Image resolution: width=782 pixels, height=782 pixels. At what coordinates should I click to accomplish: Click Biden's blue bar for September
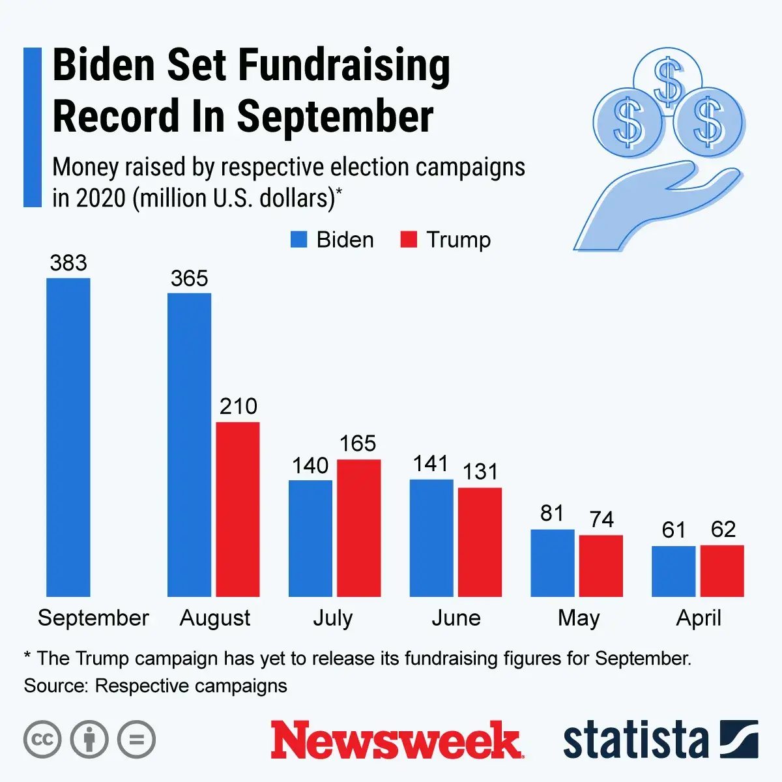[68, 437]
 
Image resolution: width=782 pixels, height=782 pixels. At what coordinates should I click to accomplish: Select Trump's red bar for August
[238, 509]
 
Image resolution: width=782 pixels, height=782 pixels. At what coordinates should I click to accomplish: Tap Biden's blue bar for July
[310, 538]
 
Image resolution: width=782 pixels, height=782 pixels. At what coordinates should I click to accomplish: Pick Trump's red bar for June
[480, 542]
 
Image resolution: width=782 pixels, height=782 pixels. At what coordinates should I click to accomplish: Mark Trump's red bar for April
[722, 571]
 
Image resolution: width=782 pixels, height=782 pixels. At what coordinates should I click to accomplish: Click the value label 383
[68, 263]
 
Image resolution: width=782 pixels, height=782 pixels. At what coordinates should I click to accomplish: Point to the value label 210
[238, 407]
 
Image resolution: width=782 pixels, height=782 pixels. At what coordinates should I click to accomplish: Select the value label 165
[358, 444]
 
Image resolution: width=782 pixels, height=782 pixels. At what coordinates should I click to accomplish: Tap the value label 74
[601, 519]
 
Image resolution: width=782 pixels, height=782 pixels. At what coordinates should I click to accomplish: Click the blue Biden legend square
[298, 240]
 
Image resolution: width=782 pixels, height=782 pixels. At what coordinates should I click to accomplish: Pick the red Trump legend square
[409, 240]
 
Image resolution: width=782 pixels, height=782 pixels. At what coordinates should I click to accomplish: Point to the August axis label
[215, 618]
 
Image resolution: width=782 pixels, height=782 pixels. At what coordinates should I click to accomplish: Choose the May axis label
[579, 618]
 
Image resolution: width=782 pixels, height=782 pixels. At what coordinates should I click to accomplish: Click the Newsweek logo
[396, 740]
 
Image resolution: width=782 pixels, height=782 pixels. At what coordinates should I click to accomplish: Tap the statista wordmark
[635, 740]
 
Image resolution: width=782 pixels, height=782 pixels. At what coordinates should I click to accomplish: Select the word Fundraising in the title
[343, 66]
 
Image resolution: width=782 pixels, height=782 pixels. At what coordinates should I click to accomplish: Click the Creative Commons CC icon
[42, 740]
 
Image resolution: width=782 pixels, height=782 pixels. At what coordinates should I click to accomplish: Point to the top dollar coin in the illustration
[668, 80]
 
